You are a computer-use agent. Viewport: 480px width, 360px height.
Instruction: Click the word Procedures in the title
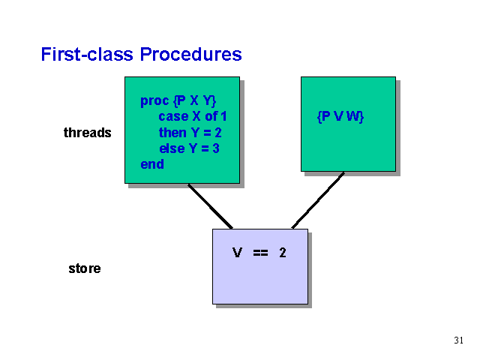point(190,55)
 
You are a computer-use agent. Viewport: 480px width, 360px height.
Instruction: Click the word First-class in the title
point(87,55)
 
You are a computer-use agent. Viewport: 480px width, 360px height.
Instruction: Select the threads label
point(87,133)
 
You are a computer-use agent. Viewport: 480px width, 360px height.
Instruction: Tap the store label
point(85,268)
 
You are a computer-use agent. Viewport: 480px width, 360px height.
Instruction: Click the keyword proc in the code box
point(154,101)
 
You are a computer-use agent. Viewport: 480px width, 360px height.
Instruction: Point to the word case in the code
point(173,116)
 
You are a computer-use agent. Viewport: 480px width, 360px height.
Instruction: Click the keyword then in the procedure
point(172,133)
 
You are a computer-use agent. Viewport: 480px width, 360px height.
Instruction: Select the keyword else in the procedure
point(172,148)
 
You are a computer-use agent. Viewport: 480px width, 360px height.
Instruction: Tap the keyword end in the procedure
point(152,164)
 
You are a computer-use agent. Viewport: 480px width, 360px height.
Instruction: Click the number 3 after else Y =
point(216,148)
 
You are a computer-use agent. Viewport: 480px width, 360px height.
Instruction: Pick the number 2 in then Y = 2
point(218,133)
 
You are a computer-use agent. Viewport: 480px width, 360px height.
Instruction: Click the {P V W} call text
point(340,117)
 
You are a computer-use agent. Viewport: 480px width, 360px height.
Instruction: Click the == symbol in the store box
point(260,253)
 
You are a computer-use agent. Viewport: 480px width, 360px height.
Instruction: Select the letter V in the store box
point(237,253)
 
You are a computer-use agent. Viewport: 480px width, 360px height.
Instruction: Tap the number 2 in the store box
point(283,253)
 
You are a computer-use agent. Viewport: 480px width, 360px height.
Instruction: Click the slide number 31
point(458,340)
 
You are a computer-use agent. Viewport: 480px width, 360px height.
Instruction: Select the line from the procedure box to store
point(210,206)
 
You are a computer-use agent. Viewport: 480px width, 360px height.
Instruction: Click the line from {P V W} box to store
point(318,200)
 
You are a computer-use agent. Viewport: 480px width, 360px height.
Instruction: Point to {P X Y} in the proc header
point(195,101)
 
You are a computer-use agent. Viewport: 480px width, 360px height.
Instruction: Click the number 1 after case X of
point(223,116)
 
